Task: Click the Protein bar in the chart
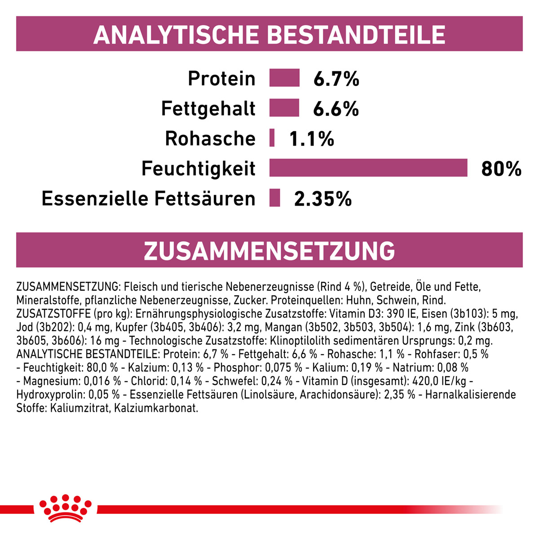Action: pos(284,77)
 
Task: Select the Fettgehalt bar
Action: pos(284,108)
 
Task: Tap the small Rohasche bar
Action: pos(272,137)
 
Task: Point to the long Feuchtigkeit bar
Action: pos(368,168)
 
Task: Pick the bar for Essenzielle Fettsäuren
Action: pos(275,198)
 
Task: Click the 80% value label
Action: pos(501,169)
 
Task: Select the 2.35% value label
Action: pos(323,199)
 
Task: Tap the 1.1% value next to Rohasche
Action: pos(312,139)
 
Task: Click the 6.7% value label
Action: pos(336,79)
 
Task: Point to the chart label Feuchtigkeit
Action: pos(199,169)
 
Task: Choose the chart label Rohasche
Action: pos(210,138)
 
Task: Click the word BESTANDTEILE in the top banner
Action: pos(356,35)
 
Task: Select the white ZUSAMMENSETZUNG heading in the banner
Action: pos(269,251)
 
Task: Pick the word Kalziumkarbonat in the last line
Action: pos(156,408)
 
